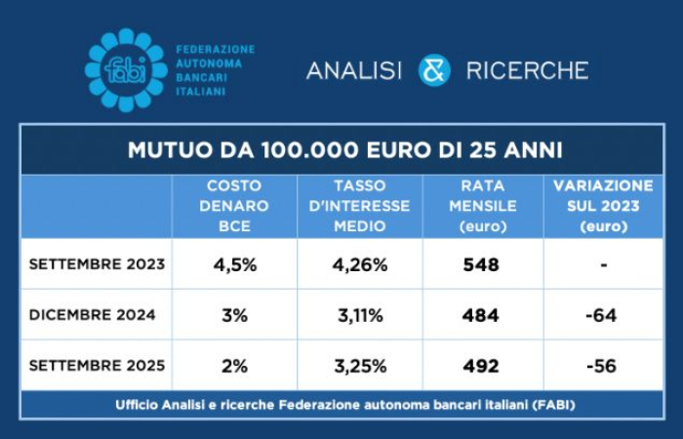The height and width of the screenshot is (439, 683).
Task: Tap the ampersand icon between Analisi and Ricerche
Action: (x=434, y=70)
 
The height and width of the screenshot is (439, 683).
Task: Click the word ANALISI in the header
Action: (x=354, y=70)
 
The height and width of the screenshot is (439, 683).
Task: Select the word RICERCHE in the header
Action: (x=527, y=70)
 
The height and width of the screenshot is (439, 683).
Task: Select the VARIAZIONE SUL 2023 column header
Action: (x=603, y=205)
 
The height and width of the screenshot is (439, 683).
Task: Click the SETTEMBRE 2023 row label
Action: (x=97, y=264)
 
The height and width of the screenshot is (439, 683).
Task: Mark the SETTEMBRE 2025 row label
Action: (x=97, y=366)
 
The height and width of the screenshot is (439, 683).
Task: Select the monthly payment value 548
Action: (x=482, y=264)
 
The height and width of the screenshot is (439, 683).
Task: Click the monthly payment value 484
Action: (x=482, y=315)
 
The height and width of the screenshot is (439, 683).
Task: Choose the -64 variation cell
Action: (x=603, y=315)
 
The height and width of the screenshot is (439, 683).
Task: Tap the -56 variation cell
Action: (x=603, y=366)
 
